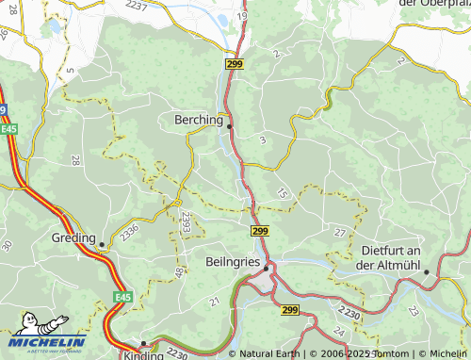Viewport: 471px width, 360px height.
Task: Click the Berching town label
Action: click(x=199, y=120)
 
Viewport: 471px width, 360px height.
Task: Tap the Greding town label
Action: click(x=75, y=237)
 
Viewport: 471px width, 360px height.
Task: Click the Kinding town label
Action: click(x=143, y=355)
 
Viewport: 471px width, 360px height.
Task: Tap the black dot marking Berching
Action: click(x=229, y=125)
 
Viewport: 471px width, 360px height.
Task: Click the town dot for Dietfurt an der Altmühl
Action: click(x=426, y=272)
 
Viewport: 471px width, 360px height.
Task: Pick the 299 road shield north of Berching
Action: click(x=235, y=63)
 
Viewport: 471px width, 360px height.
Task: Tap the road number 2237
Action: click(x=136, y=7)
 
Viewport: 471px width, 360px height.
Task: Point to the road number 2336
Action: click(x=129, y=230)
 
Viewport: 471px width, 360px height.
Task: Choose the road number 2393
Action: click(x=187, y=222)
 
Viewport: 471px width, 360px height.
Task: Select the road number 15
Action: click(x=283, y=193)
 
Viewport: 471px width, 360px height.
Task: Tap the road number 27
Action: click(x=340, y=232)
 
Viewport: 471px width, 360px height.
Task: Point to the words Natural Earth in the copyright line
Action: click(x=271, y=353)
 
